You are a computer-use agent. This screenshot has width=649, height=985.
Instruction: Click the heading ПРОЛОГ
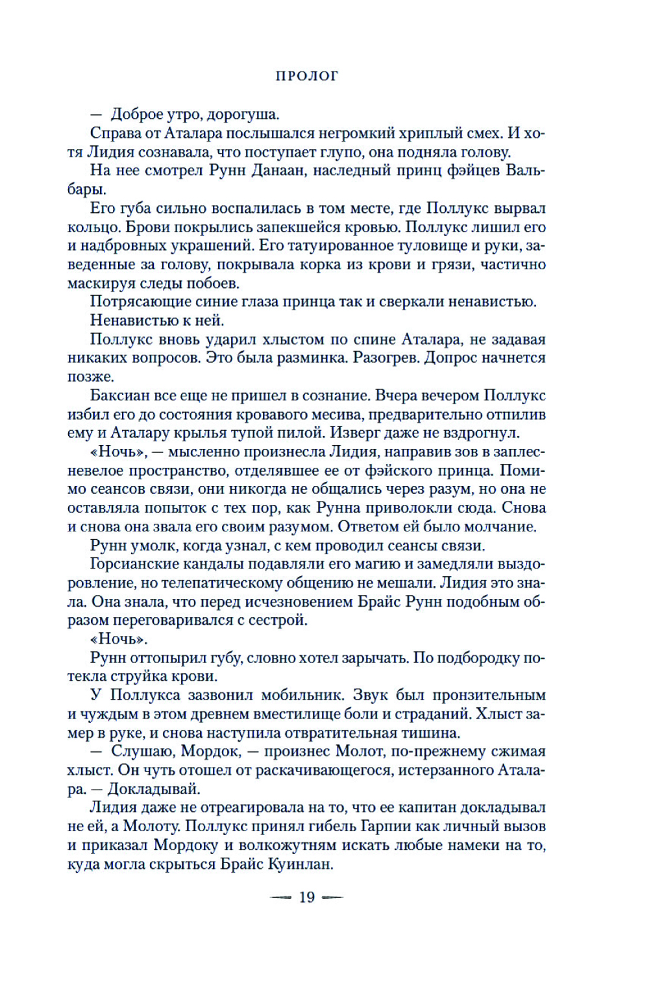[x=307, y=76]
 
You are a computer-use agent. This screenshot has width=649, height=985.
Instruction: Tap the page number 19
[x=306, y=897]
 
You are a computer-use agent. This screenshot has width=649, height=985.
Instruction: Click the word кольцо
[x=89, y=227]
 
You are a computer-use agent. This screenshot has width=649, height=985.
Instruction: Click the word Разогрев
[x=387, y=358]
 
